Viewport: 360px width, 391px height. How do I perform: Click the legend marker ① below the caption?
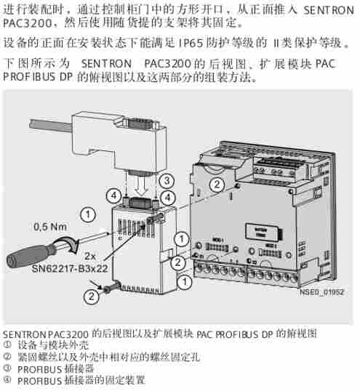pyautogui.click(x=7, y=345)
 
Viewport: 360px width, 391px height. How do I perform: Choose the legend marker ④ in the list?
pyautogui.click(x=7, y=379)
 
